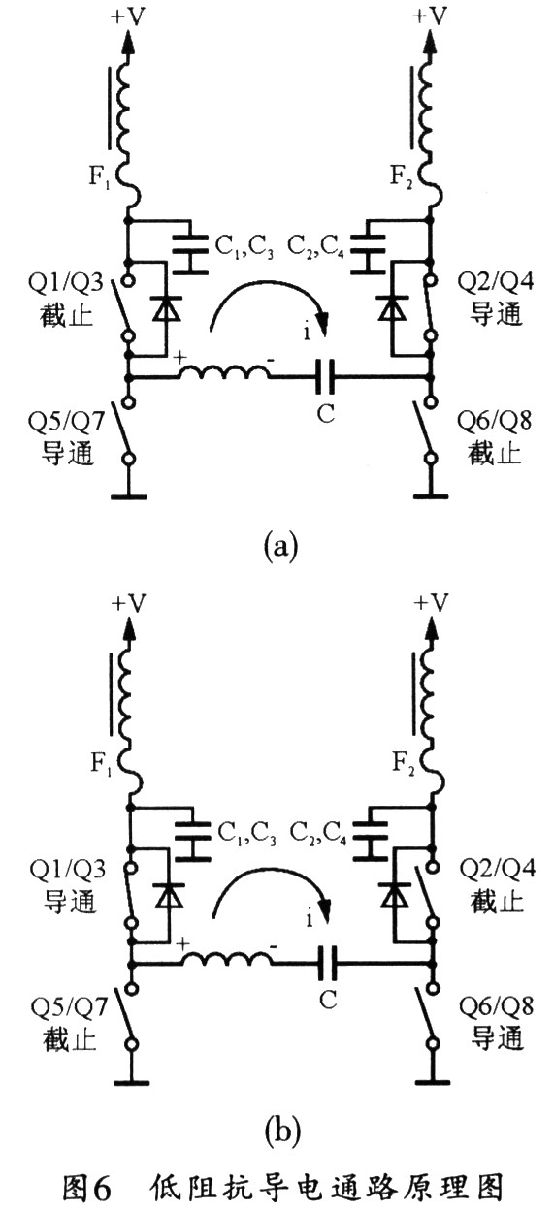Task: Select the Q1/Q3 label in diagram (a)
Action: pyautogui.click(x=65, y=282)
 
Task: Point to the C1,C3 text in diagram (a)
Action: pyautogui.click(x=244, y=247)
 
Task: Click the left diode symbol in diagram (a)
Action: pyautogui.click(x=165, y=308)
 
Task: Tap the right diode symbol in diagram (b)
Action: pyautogui.click(x=394, y=895)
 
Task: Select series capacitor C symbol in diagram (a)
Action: pyautogui.click(x=325, y=377)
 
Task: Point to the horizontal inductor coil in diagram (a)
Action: pyautogui.click(x=223, y=372)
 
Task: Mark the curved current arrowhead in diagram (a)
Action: pyautogui.click(x=323, y=324)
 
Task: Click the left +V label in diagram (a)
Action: pyautogui.click(x=128, y=16)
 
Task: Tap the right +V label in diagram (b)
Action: pyautogui.click(x=432, y=602)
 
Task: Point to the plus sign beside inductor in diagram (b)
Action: pyautogui.click(x=183, y=943)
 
